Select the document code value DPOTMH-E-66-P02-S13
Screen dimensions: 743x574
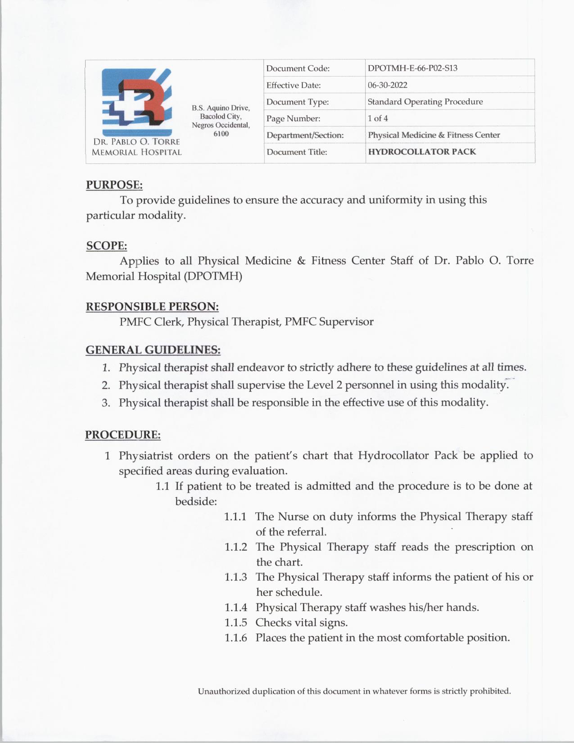pos(412,68)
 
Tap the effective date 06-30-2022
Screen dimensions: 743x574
pos(387,85)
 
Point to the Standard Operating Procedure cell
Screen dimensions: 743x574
pos(425,102)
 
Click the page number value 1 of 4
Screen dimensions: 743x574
pos(378,118)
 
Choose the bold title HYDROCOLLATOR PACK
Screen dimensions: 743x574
pos(422,152)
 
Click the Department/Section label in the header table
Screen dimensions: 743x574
pos(305,135)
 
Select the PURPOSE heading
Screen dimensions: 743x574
pos(114,185)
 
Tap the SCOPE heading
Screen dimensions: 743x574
pos(107,246)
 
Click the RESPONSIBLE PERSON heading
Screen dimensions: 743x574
pos(152,307)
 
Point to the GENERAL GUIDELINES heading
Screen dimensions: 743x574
pos(153,350)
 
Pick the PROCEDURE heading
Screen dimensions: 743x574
pos(123,435)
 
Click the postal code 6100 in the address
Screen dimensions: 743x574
pos(221,134)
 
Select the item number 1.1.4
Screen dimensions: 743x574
pos(236,607)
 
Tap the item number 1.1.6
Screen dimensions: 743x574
pos(236,638)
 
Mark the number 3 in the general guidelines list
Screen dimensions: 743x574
pos(106,403)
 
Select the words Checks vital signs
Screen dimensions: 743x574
pos(302,623)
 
